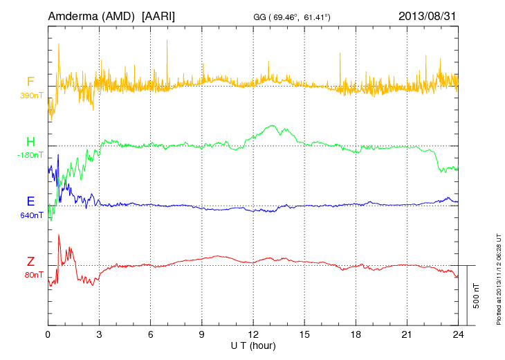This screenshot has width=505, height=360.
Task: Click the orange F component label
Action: point(30,82)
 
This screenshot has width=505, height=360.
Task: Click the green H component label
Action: point(30,142)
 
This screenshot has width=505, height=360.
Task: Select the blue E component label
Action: point(30,201)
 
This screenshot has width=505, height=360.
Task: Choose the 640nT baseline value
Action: point(32,215)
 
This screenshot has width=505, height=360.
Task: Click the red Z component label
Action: point(30,261)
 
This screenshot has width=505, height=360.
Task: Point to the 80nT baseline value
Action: point(33,274)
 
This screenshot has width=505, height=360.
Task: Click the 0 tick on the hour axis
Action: point(48,334)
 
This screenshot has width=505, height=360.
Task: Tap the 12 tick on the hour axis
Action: point(253,334)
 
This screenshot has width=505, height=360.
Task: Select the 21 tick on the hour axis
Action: point(407,334)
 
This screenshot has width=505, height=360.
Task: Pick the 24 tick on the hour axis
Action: point(458,334)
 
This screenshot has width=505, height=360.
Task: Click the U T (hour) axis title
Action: point(253,345)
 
